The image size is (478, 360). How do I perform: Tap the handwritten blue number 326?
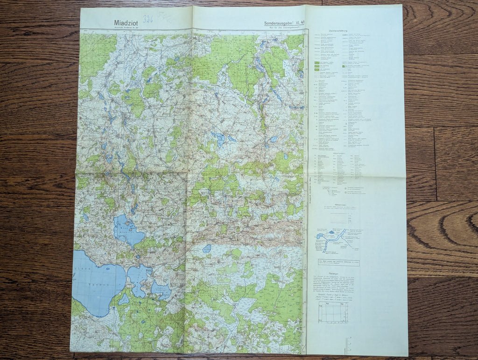tap(148, 19)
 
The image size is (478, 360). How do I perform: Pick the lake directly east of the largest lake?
tap(138, 279)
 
